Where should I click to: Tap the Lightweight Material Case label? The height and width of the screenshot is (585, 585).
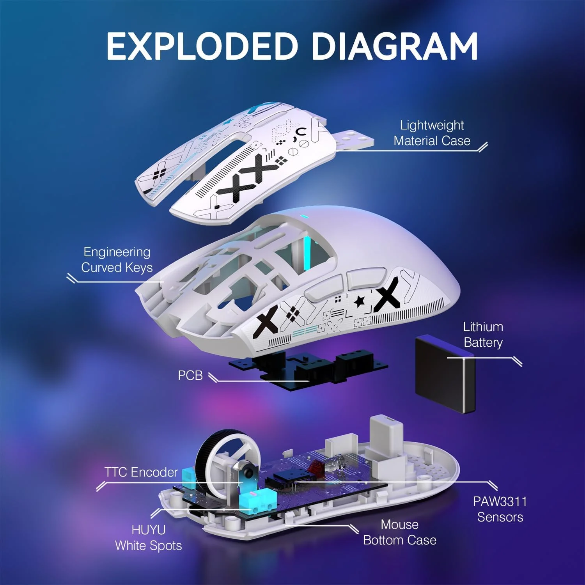432,133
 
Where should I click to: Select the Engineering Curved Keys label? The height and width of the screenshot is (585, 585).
117,260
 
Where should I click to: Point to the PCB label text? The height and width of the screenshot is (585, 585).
190,375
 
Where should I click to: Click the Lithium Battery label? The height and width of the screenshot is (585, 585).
483,335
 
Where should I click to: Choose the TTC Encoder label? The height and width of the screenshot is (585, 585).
141,472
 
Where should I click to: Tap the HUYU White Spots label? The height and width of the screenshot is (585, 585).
149,538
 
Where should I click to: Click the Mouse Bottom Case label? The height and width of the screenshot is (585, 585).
400,532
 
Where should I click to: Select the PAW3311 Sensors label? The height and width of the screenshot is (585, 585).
500,509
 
